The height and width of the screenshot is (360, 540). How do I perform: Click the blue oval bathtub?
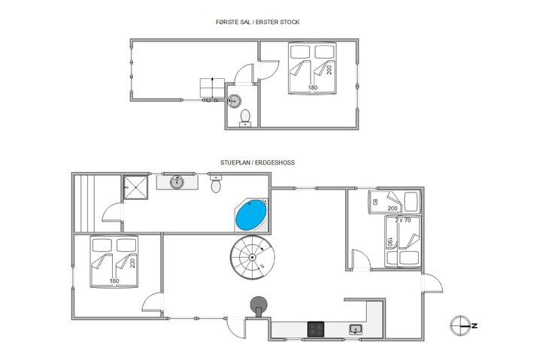[x=250, y=216]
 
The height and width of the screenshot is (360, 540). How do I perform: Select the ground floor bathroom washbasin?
[x=178, y=181]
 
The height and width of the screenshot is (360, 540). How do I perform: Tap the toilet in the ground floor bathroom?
[x=217, y=184]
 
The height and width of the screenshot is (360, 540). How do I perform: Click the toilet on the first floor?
[x=244, y=118]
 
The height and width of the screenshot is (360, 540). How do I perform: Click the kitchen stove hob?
[x=316, y=328]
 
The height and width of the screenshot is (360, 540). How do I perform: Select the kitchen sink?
[x=356, y=328]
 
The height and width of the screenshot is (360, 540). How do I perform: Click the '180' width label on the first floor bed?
[x=312, y=89]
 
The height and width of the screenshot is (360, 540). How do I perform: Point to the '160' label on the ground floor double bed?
[x=115, y=282]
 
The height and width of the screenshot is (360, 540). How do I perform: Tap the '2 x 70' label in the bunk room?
[x=402, y=220]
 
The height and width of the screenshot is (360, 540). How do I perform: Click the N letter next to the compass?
[x=475, y=325]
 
